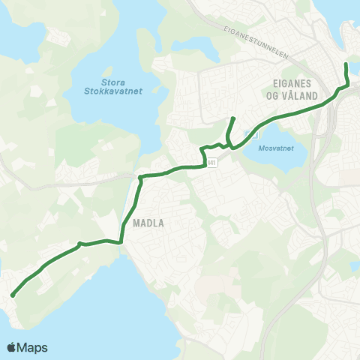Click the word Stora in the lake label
coord(114,82)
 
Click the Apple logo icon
coord(12,347)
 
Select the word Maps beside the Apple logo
coord(34,347)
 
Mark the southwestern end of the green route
coord(13,295)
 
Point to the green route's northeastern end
coord(345,66)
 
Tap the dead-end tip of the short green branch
coord(234,118)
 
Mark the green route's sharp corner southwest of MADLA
coord(121,241)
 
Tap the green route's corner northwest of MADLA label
coord(140,178)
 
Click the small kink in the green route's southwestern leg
coord(79,243)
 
